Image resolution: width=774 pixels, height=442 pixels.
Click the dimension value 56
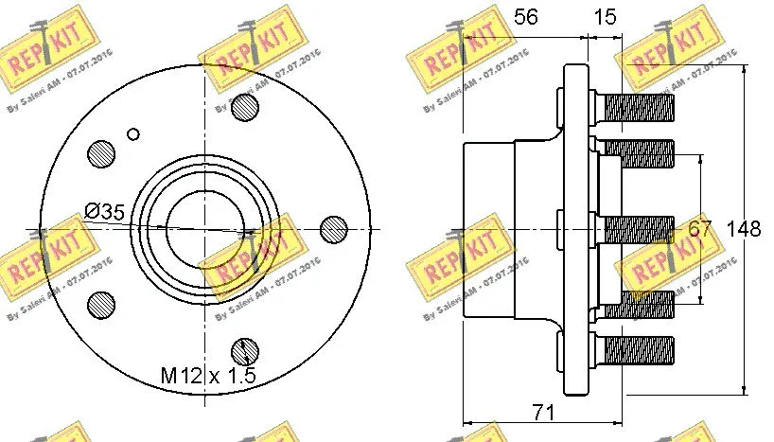click(x=525, y=17)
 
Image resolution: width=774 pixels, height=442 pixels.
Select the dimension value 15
click(x=606, y=17)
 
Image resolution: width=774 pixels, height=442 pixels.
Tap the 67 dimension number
click(x=699, y=229)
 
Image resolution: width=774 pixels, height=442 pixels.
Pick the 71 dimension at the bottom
click(x=543, y=411)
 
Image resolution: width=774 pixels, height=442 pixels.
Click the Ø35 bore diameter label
click(x=104, y=212)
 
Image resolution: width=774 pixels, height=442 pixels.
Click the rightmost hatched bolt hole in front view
click(x=334, y=228)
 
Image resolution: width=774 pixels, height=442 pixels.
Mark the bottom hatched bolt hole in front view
click(x=245, y=349)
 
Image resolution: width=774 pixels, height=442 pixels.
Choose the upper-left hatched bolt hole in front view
click(x=99, y=152)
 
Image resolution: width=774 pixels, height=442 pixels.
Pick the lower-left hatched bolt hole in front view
click(x=99, y=303)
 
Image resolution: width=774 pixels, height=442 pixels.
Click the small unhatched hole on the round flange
click(x=133, y=133)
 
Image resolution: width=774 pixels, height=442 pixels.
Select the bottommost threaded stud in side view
click(x=638, y=349)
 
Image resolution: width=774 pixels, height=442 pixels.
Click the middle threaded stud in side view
click(x=638, y=228)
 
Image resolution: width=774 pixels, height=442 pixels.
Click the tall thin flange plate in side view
click(x=574, y=228)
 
